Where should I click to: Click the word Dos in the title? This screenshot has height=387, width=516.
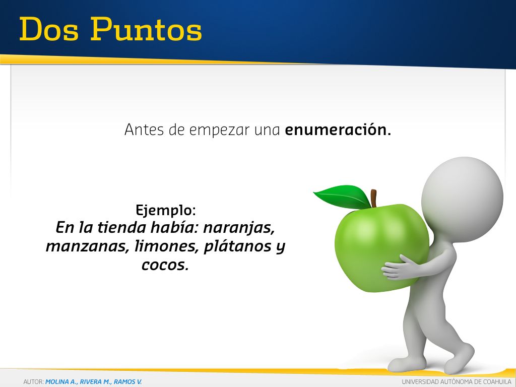(49, 29)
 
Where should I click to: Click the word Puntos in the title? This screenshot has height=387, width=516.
(146, 29)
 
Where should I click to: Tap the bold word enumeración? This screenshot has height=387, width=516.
(338, 130)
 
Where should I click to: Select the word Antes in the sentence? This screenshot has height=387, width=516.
(144, 130)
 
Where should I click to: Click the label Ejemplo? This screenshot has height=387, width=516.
(166, 211)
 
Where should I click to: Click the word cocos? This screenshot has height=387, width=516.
(165, 265)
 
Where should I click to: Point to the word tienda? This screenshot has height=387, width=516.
(121, 228)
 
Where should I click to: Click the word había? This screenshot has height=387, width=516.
(174, 228)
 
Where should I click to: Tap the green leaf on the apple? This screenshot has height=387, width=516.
(342, 197)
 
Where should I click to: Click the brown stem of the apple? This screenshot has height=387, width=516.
(373, 198)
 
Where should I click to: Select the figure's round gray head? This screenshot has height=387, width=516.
(462, 198)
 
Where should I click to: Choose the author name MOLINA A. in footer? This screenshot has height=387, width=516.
(60, 382)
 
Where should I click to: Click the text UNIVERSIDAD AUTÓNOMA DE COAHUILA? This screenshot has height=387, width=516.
(457, 382)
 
